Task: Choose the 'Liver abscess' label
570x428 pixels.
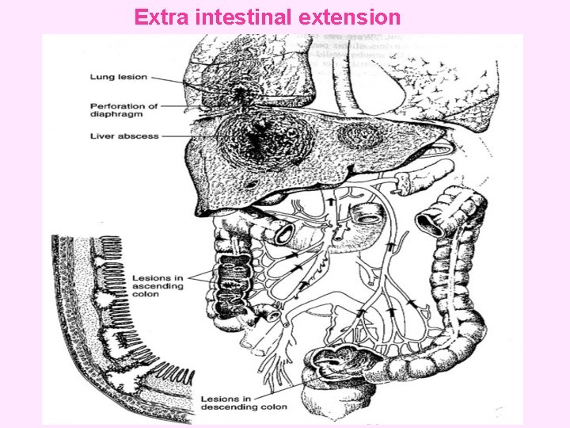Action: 123,136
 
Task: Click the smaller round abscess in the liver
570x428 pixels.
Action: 359,136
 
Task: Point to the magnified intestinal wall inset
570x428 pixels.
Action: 119,317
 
